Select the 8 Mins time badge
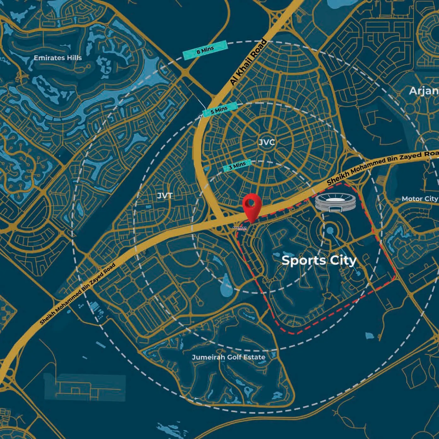pyautogui.click(x=205, y=50)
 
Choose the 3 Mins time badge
pyautogui.click(x=237, y=165)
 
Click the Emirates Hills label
pyautogui.click(x=58, y=58)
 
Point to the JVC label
pyautogui.click(x=266, y=142)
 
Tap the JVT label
pyautogui.click(x=165, y=196)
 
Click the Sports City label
pyautogui.click(x=319, y=261)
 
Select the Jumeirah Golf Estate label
pyautogui.click(x=229, y=357)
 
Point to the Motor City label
pyautogui.click(x=419, y=199)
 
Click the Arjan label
pyautogui.click(x=424, y=91)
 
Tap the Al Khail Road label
pyautogui.click(x=248, y=63)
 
